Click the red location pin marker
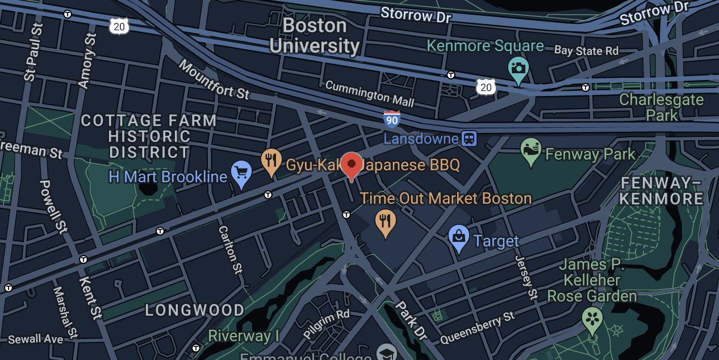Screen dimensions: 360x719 coord(352,165)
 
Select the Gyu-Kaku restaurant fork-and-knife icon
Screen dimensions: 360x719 coord(271,161)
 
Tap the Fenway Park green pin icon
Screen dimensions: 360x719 coord(531,150)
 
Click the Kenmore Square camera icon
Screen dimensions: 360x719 coord(518,69)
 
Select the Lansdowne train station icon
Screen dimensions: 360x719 coord(469,138)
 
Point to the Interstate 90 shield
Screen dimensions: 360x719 coord(392,119)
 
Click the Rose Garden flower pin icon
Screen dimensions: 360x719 coord(592,319)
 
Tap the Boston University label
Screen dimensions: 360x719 coord(315,35)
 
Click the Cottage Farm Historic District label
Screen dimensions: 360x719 coord(149,136)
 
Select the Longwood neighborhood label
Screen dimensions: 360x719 coord(194,310)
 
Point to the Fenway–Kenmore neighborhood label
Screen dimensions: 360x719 coord(662,191)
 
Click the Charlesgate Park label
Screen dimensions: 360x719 coord(661,107)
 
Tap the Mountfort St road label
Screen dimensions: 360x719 coord(214,79)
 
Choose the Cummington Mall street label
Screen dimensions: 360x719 coord(370,94)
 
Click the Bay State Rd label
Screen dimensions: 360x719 coord(586,51)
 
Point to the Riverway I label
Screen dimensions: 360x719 coord(244,336)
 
